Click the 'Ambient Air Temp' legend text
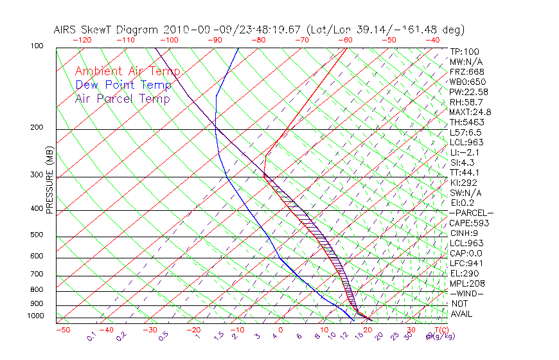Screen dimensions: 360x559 [127, 71]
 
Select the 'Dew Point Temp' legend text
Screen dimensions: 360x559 [123, 85]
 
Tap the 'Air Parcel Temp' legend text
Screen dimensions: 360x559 [122, 98]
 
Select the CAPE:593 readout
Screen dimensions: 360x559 [469, 223]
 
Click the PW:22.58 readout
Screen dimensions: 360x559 [469, 92]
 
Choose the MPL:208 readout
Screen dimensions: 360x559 [467, 283]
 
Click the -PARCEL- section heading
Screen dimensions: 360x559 [471, 213]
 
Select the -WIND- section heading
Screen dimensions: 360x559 [466, 293]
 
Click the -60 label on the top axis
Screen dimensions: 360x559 [345, 40]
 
